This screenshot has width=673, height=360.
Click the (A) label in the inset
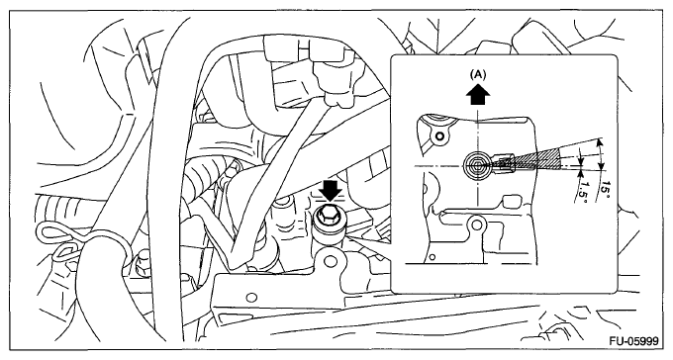click(478, 74)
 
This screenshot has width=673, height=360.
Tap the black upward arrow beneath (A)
click(477, 95)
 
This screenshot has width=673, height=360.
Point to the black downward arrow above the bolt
click(331, 191)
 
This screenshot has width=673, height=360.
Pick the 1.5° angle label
click(583, 190)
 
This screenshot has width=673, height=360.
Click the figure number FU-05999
click(634, 341)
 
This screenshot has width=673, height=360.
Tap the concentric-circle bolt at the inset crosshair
click(477, 164)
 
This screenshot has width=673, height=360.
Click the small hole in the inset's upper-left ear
click(439, 136)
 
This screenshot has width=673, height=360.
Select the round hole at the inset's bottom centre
click(476, 224)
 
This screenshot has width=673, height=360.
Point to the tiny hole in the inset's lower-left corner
click(433, 257)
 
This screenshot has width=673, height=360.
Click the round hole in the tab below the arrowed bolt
click(329, 260)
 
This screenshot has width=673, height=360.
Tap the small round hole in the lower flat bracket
click(252, 297)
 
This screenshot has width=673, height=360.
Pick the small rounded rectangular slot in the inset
click(511, 200)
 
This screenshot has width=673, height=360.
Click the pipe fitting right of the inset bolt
click(508, 164)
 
